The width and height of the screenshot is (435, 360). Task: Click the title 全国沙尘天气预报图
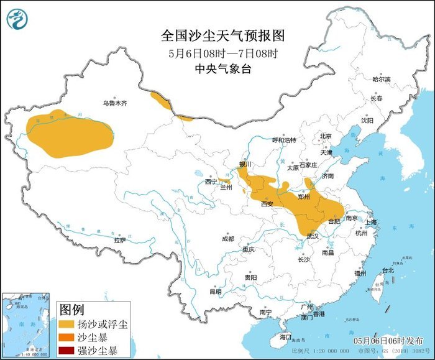[x=217, y=35]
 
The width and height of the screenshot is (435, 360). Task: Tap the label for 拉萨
[x=120, y=239]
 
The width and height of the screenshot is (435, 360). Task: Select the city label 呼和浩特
[x=285, y=140]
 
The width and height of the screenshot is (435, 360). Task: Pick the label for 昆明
[x=215, y=291]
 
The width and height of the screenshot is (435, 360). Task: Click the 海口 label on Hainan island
[x=285, y=336]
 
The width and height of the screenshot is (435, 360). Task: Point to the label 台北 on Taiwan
[x=388, y=270]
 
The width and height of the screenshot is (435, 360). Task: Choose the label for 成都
[x=227, y=239]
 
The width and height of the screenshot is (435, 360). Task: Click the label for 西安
[x=267, y=203]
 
